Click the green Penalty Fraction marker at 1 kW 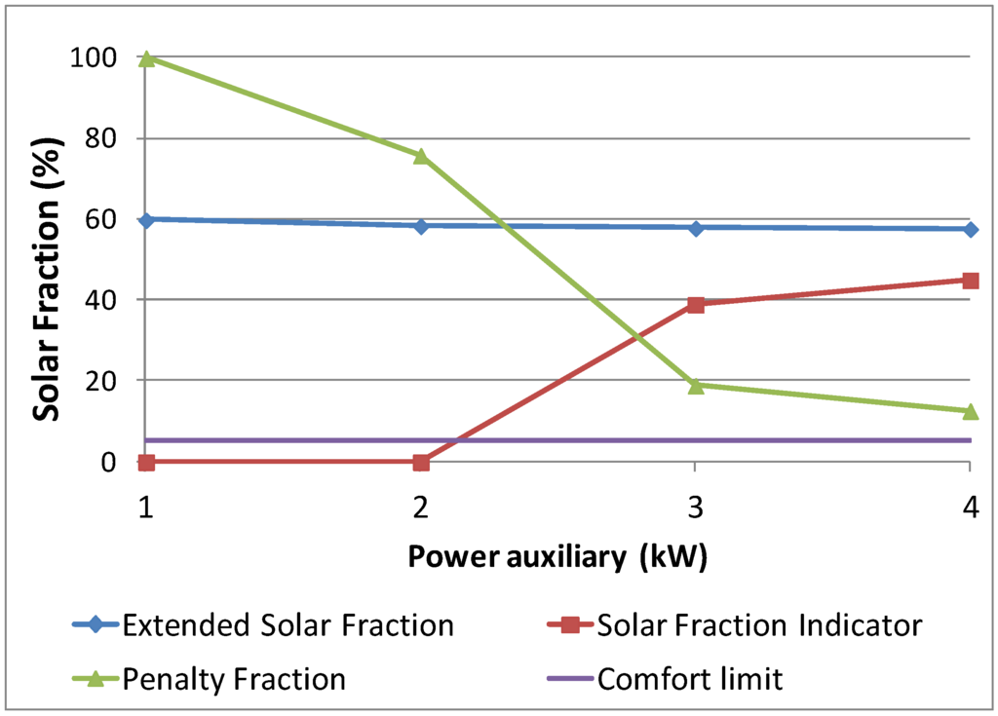click(146, 58)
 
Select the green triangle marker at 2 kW click(421, 156)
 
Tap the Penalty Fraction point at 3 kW click(696, 386)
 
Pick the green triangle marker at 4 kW click(970, 412)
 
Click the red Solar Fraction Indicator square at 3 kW click(696, 304)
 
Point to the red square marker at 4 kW click(970, 281)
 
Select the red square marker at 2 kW click(421, 462)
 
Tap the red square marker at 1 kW click(146, 462)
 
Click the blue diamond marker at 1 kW click(146, 220)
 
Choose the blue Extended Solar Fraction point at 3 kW click(696, 228)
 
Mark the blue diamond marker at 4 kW click(970, 229)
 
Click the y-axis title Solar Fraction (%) click(45, 259)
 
